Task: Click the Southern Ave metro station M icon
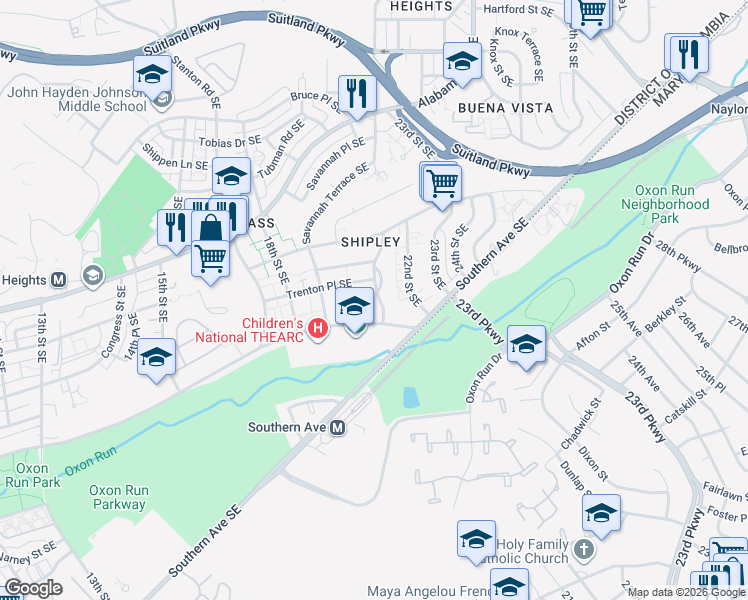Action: (338, 427)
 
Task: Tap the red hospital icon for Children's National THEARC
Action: (319, 327)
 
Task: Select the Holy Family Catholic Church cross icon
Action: (584, 549)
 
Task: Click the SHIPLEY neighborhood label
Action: (370, 242)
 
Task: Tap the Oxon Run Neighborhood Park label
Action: (671, 204)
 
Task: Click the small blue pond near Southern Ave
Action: (410, 397)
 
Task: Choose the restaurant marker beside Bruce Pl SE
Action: (354, 94)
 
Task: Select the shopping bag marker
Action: (212, 226)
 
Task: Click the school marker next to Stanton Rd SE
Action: (152, 73)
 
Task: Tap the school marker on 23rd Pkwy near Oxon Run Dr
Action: (526, 344)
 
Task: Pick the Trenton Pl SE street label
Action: (319, 289)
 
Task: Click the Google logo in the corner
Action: (33, 588)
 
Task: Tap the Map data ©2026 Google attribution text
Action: (686, 592)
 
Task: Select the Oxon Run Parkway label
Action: (117, 497)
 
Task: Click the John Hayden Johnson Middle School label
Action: (76, 99)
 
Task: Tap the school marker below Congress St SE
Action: (156, 357)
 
